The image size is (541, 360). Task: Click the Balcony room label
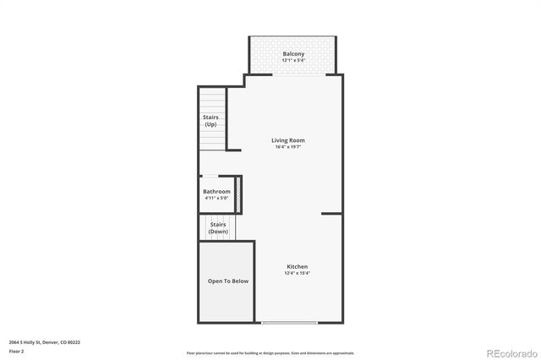point(293,54)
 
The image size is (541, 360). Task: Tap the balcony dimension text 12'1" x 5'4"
point(293,61)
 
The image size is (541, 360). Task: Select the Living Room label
point(288,140)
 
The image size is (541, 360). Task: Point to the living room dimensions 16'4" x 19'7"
point(288,147)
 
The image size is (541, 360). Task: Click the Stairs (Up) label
point(210,121)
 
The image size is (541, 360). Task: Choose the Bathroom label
point(216,192)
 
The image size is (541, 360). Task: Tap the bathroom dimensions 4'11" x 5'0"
point(216,199)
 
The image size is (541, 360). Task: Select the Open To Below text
point(228,281)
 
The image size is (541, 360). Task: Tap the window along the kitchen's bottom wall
point(289,322)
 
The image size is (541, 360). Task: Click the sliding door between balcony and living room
point(296,74)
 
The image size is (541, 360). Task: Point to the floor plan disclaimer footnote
point(270,352)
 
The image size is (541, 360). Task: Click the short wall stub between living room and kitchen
point(332,214)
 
